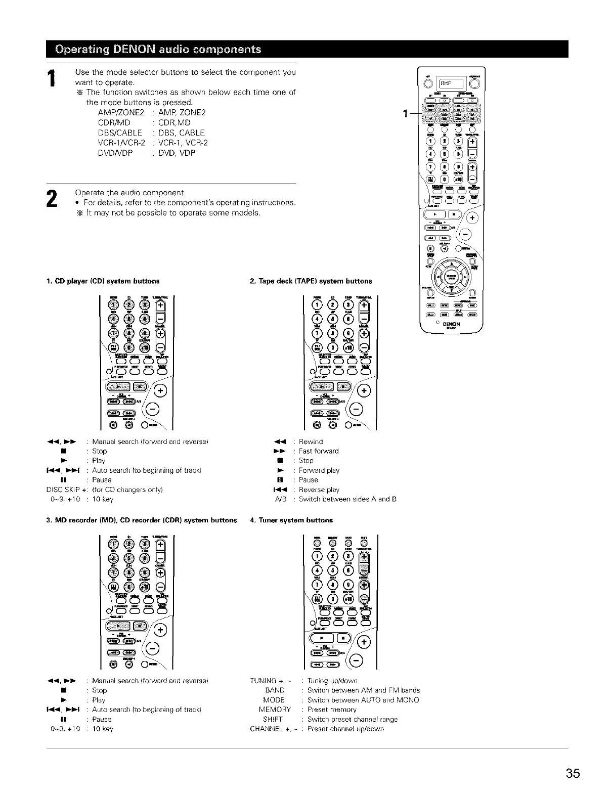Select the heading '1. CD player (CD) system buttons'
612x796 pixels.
[x=103, y=281]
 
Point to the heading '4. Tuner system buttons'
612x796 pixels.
[x=291, y=520]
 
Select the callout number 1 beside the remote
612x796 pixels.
[x=405, y=113]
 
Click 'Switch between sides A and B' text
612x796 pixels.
[x=347, y=499]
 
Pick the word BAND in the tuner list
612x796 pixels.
[x=275, y=690]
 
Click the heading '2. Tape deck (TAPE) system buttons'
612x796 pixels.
[x=311, y=281]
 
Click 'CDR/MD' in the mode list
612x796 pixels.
[x=114, y=122]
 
